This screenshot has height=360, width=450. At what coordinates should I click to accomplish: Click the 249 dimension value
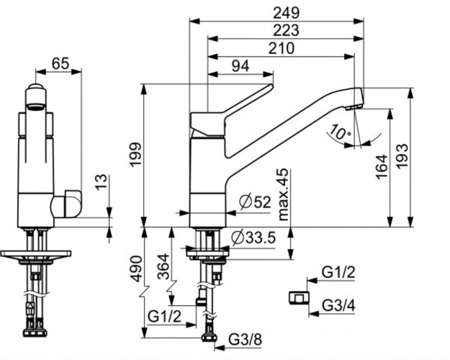point(286,13)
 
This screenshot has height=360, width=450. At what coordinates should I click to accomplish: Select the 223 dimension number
point(286,30)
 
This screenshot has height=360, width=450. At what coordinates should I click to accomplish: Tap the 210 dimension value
point(282,48)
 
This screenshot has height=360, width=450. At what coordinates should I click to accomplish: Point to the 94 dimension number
point(240,66)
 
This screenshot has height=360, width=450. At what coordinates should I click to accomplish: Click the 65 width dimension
point(60,63)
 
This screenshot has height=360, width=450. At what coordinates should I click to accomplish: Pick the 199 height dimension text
point(135,155)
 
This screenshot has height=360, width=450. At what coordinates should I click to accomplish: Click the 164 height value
point(382,167)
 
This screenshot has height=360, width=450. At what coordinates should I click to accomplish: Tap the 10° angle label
point(340,132)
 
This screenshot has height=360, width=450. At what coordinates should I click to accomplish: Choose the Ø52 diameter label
point(255,202)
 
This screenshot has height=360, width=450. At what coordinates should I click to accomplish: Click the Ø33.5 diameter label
point(253,238)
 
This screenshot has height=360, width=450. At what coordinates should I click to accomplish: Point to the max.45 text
point(283,194)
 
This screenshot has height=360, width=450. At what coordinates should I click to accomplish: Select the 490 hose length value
point(136,269)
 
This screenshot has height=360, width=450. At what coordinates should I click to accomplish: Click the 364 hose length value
point(164,266)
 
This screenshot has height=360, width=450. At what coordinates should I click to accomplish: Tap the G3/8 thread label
point(246,340)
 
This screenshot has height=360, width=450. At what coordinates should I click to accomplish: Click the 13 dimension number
point(101,182)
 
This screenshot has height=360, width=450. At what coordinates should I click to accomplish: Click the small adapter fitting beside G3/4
point(299,297)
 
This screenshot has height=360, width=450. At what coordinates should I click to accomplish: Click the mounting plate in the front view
point(36,254)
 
